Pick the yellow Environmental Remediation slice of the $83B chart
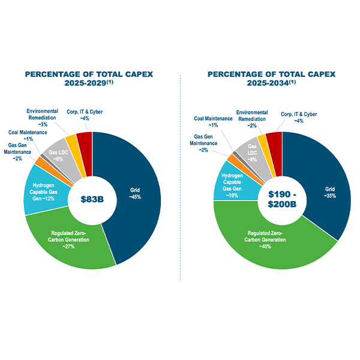[x=71, y=143]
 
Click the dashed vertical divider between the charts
[x=181, y=180]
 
